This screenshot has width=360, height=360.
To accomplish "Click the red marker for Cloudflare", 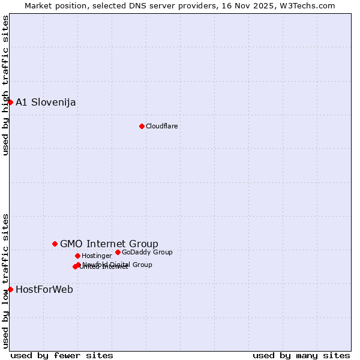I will pyautogui.click(x=142, y=126).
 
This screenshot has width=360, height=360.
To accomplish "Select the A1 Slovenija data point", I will pyautogui.click(x=10, y=102).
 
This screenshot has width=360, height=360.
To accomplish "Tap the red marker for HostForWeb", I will pyautogui.click(x=10, y=289).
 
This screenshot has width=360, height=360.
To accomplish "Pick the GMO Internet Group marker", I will pyautogui.click(x=55, y=244).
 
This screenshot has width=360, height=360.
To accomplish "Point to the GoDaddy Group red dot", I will pyautogui.click(x=118, y=252).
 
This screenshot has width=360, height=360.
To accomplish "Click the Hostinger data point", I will pyautogui.click(x=77, y=256).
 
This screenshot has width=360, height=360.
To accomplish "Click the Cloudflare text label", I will pyautogui.click(x=162, y=126).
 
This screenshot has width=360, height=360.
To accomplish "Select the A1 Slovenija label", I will pyautogui.click(x=46, y=102).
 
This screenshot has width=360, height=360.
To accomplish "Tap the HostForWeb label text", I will pyautogui.click(x=44, y=289).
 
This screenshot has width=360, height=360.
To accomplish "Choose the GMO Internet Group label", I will pyautogui.click(x=109, y=244).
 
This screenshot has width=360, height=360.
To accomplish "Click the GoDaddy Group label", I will pyautogui.click(x=147, y=252).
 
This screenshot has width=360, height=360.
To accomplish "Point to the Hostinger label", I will pyautogui.click(x=97, y=256).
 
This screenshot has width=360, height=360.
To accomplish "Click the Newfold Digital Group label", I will pyautogui.click(x=118, y=265).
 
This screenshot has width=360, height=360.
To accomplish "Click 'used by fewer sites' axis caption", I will pyautogui.click(x=62, y=355).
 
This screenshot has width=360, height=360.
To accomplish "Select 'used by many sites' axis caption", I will pyautogui.click(x=301, y=355).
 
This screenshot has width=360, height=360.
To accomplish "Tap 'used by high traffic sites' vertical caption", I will pyautogui.click(x=5, y=85).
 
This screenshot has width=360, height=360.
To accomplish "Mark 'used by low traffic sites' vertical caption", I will pyautogui.click(x=5, y=280).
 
